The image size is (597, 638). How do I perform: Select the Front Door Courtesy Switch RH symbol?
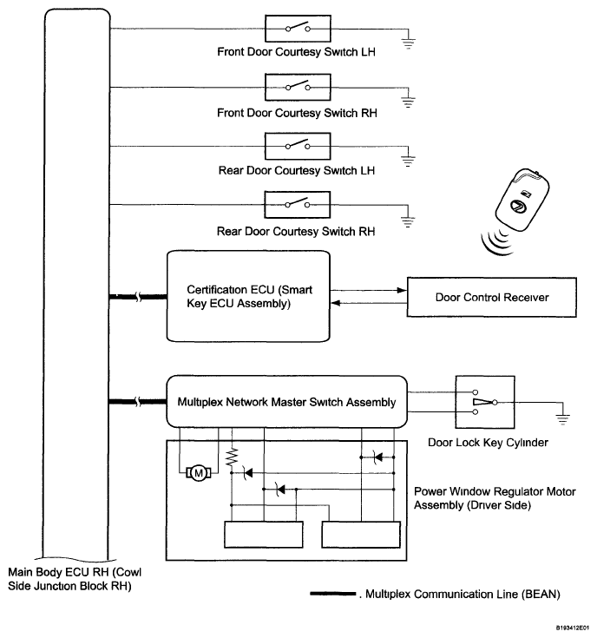(298, 88)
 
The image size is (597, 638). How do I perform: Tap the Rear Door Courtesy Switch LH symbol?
(298, 146)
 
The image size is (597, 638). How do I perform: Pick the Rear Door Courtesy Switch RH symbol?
(298, 205)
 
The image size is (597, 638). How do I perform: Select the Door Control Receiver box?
(492, 298)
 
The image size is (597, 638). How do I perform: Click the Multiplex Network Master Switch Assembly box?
(286, 401)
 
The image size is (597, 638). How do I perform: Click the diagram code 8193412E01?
(567, 623)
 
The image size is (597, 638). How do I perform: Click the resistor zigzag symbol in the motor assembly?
(232, 458)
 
